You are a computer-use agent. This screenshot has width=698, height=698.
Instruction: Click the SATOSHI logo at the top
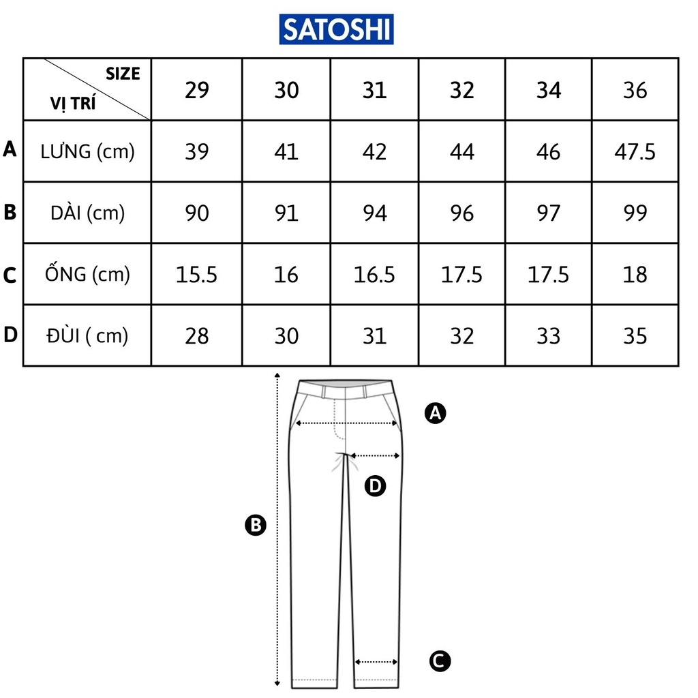tap(336, 29)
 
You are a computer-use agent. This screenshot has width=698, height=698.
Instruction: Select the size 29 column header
tap(197, 90)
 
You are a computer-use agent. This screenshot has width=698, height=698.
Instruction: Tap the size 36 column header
tap(635, 90)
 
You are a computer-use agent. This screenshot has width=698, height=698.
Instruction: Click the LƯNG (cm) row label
tap(88, 151)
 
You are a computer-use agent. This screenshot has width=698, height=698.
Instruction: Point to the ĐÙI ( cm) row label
tap(88, 335)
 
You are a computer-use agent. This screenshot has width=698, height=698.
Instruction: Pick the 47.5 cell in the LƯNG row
tap(635, 151)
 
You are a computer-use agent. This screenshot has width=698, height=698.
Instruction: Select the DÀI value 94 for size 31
tap(374, 213)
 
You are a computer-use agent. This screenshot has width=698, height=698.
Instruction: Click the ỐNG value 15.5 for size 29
tap(197, 275)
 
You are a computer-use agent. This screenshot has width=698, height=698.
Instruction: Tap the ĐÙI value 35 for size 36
tap(635, 336)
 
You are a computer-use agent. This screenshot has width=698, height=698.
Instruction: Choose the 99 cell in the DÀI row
tap(635, 213)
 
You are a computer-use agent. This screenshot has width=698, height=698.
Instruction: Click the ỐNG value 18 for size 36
tap(635, 275)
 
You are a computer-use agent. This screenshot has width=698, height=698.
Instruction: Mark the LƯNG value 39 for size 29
tap(197, 151)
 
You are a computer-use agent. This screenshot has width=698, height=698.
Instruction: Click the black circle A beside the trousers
tap(435, 412)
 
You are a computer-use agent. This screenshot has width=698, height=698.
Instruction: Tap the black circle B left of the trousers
tap(255, 525)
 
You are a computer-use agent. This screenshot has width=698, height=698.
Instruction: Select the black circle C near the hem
tap(440, 660)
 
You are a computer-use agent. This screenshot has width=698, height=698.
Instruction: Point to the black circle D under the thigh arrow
tap(376, 486)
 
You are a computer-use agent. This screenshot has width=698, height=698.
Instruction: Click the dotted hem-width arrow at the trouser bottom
tap(376, 661)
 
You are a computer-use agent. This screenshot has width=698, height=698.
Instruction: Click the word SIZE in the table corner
tap(123, 74)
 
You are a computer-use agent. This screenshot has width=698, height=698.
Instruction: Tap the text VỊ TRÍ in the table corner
tap(72, 104)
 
